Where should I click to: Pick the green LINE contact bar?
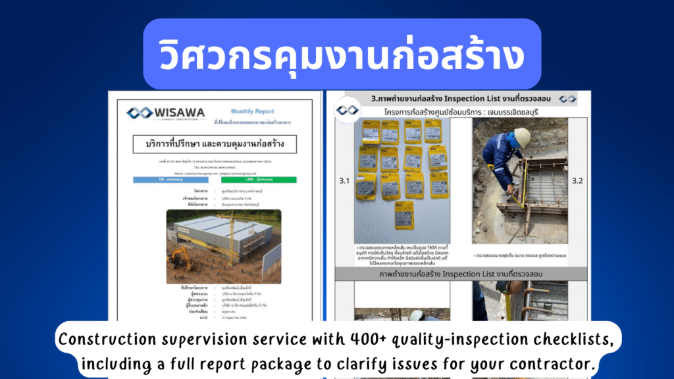pyautogui.click(x=259, y=179)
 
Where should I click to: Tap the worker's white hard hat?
pyautogui.click(x=522, y=138)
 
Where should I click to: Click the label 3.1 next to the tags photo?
pyautogui.click(x=344, y=179)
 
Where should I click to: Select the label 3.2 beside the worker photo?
pyautogui.click(x=577, y=180)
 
